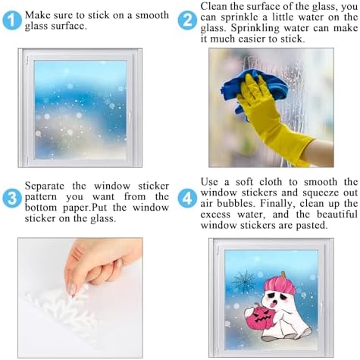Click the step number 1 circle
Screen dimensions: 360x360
pos(12,20)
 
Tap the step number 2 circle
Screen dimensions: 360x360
pos(187,20)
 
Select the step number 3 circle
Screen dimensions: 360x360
pos(12,199)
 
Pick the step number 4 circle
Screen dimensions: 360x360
pos(187,199)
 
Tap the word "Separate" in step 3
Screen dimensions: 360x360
pos(45,186)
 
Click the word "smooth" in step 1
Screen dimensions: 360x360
pos(152,15)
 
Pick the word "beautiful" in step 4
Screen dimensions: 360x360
pos(337,214)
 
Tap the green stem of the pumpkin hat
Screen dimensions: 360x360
pos(283,274)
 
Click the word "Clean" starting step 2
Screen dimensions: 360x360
pos(213,7)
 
